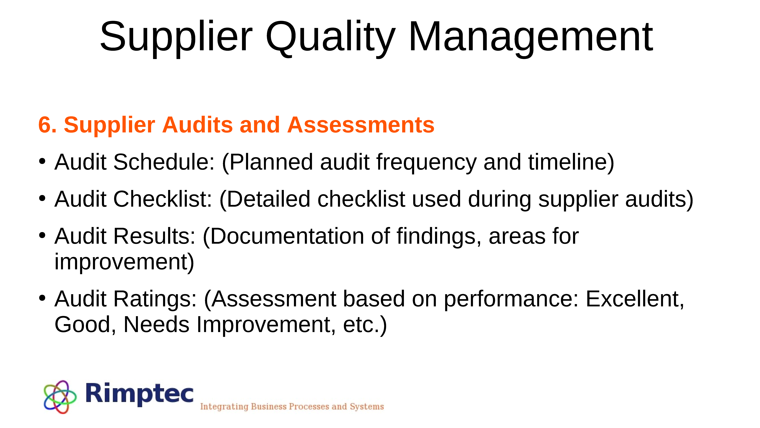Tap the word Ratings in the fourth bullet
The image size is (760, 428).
point(155,299)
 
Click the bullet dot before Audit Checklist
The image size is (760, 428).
point(42,198)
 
